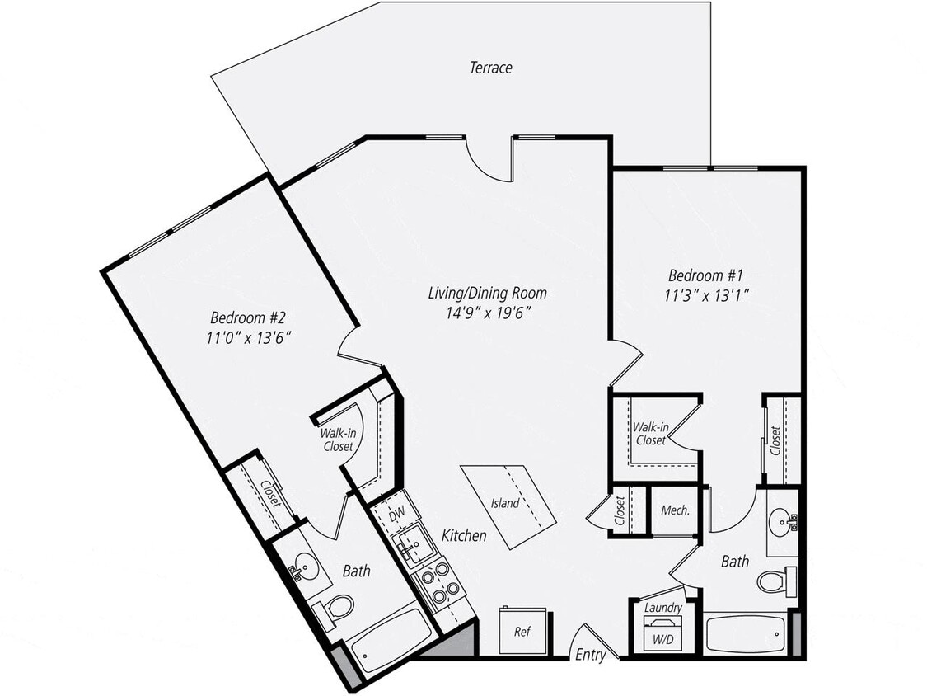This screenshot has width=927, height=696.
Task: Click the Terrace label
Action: coord(491,68)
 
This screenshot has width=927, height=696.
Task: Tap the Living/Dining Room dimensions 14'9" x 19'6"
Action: coord(487,313)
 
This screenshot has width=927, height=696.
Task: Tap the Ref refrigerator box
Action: coord(522,631)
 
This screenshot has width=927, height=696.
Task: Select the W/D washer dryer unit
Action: coord(663,637)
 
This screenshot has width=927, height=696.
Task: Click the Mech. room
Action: coord(675,510)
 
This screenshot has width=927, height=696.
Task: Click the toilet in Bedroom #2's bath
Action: coord(337,609)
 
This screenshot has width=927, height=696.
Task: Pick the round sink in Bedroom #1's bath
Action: coord(782,521)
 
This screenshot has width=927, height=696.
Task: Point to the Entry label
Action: coord(591,656)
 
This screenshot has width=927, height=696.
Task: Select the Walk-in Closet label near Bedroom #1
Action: coord(650,434)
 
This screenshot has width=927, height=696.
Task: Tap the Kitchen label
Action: coord(464,536)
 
